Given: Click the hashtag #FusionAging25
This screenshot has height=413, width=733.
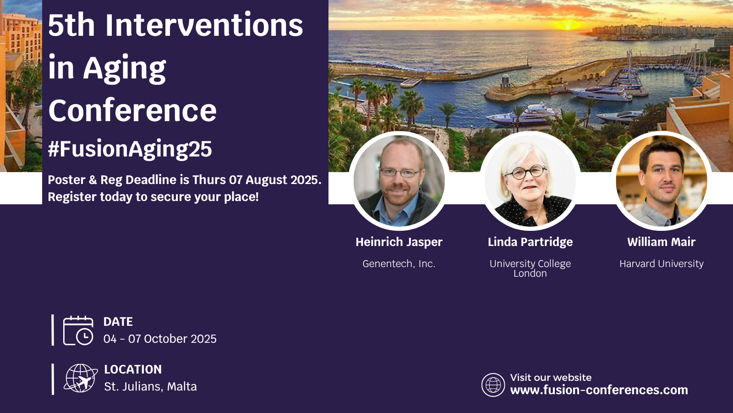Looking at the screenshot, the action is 130,149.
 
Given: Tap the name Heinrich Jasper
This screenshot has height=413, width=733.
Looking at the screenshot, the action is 399,242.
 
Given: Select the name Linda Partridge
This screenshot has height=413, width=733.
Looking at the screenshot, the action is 530,242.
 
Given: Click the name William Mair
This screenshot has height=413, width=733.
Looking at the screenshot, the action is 662,242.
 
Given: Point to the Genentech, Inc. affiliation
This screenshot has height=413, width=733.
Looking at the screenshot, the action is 399,264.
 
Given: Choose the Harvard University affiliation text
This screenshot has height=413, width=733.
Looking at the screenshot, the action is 662,263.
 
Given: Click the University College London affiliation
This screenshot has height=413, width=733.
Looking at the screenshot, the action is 530,268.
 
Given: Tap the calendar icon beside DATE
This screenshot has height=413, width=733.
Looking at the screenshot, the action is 78,330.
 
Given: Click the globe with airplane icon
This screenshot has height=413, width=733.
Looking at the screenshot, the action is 81,378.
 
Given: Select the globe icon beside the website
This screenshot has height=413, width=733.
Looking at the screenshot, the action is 493,385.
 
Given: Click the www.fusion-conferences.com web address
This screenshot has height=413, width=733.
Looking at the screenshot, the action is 599,390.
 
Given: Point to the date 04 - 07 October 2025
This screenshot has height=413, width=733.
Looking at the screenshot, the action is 160,339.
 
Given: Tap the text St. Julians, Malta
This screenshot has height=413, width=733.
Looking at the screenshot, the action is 151,387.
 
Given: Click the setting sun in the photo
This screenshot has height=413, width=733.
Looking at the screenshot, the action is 568,26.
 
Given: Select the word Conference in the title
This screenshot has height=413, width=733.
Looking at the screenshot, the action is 132,110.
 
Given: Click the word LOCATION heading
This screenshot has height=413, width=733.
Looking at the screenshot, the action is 133,369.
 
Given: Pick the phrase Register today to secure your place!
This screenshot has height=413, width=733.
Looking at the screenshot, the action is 153,197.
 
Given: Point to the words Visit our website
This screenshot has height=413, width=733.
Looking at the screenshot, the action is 551,378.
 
